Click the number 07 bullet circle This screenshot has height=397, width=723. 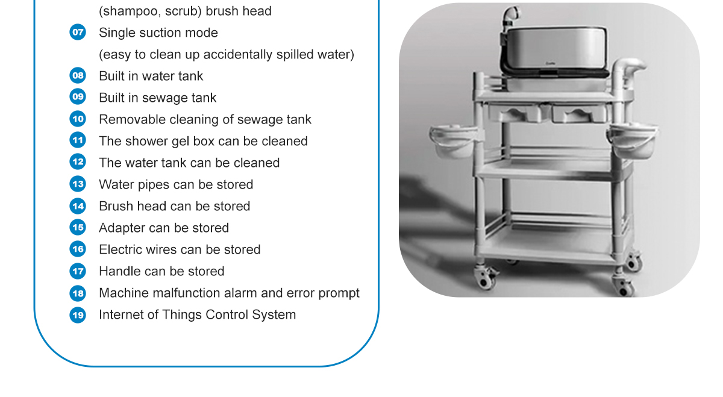[x=78, y=33]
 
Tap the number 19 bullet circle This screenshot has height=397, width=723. [x=78, y=315]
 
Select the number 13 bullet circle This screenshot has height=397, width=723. [x=78, y=184]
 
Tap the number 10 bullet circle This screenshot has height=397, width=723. [x=78, y=119]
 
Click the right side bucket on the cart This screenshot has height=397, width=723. [x=632, y=141]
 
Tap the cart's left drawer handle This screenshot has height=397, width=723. [x=516, y=114]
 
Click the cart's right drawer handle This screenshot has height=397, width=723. [x=579, y=114]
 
